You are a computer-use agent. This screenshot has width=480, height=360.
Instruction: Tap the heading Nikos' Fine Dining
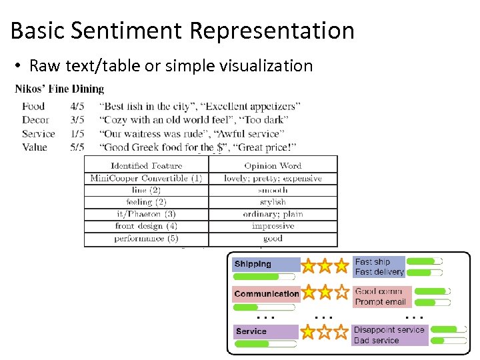[59, 89]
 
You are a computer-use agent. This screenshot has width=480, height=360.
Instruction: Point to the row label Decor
[35, 120]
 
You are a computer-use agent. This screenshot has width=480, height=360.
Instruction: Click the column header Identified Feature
[146, 165]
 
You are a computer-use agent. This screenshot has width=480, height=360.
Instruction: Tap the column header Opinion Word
[273, 165]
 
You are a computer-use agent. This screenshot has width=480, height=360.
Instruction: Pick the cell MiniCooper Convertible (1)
[146, 178]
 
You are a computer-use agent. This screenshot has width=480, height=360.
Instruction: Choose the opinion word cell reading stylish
[273, 202]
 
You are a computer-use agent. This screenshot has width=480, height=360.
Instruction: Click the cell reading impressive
[273, 226]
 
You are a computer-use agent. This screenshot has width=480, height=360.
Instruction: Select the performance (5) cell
[146, 238]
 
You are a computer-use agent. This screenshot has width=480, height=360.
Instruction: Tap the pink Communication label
[266, 294]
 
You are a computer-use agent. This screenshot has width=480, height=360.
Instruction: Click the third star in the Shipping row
[341, 266]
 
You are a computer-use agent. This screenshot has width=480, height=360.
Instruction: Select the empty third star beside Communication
[341, 292]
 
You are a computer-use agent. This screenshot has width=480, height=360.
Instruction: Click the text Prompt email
[380, 302]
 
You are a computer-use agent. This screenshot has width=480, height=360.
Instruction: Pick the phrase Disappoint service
[389, 330]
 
